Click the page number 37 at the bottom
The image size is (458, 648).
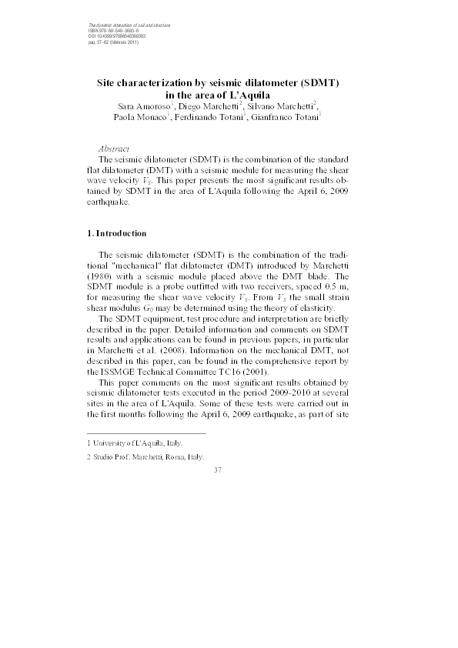(217, 470)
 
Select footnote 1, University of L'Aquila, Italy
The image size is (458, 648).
(135, 444)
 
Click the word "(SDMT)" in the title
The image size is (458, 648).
(319, 80)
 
